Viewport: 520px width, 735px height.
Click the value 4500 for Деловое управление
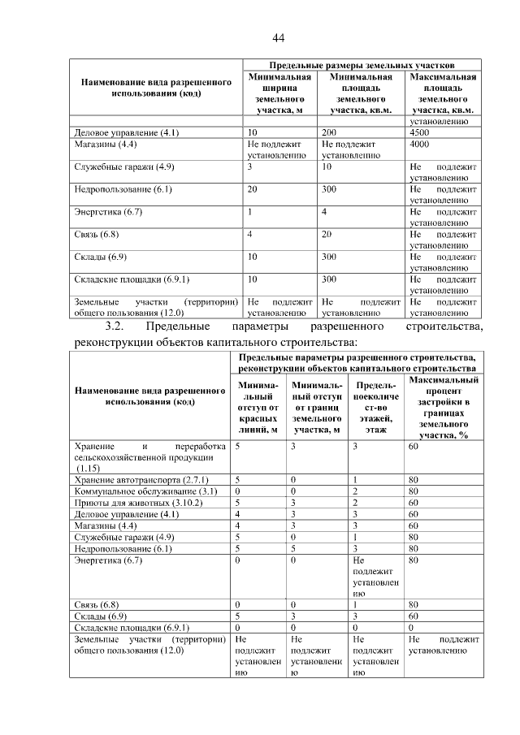[x=419, y=132]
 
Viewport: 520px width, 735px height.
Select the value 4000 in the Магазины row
[x=419, y=144]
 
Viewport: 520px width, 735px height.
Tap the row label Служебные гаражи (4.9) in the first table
[x=123, y=166]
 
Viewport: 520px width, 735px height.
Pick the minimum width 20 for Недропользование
[x=252, y=189]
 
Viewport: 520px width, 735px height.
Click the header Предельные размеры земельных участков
[x=361, y=64]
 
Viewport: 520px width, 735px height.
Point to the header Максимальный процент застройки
[x=443, y=406]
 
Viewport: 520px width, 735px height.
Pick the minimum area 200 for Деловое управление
[x=329, y=132]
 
